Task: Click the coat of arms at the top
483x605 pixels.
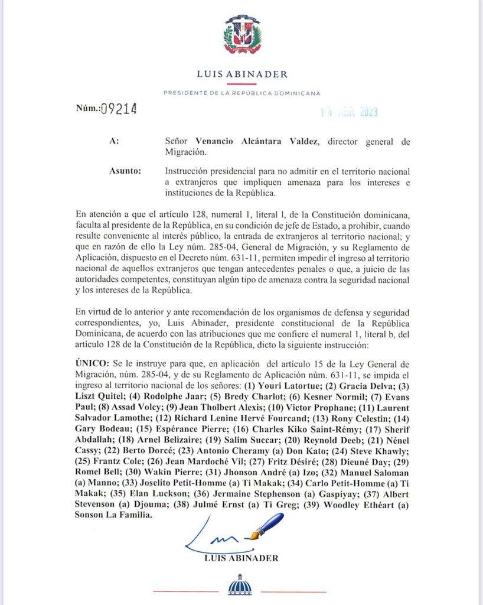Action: click(x=241, y=37)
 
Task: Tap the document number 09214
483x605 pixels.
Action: click(x=119, y=109)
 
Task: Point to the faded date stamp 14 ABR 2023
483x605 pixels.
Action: click(x=348, y=112)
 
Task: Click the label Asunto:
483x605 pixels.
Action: click(x=125, y=171)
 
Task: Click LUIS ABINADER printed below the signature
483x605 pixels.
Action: click(x=241, y=558)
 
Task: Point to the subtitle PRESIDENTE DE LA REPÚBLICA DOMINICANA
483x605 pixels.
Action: click(x=241, y=93)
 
